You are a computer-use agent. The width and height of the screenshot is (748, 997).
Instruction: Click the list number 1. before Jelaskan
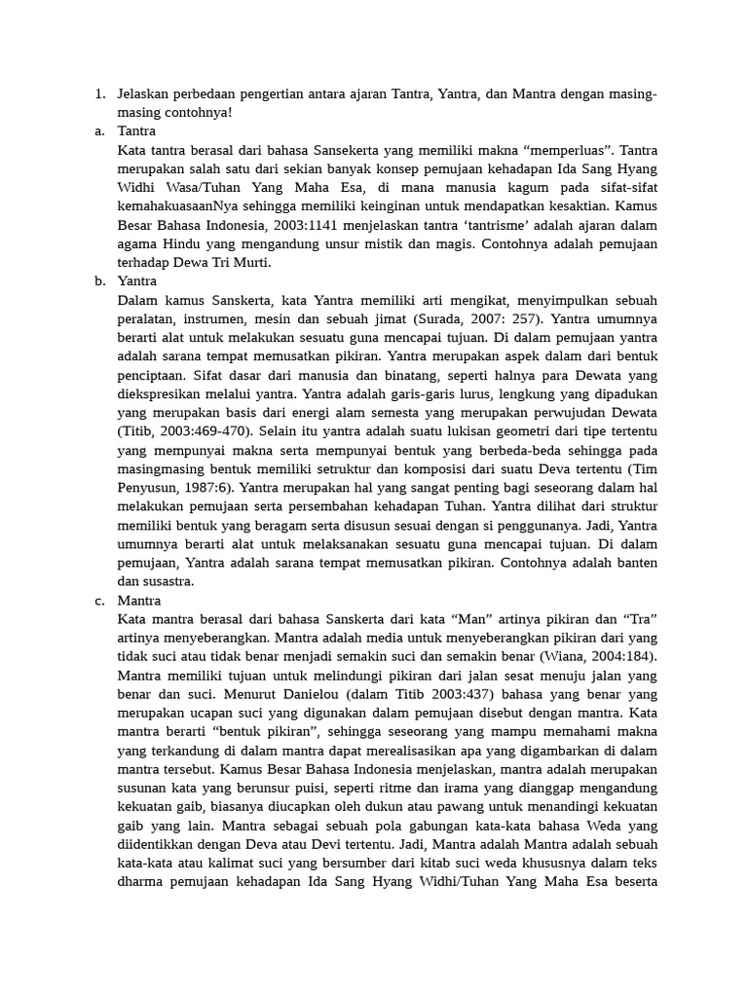(99, 94)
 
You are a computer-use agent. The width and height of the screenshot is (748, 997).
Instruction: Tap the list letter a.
(99, 130)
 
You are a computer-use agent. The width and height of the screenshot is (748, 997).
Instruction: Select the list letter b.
(99, 281)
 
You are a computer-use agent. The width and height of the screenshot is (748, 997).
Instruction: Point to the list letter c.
(99, 601)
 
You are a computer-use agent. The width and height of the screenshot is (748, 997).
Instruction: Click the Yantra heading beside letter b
(137, 281)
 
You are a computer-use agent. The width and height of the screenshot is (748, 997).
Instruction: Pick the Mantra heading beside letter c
(139, 601)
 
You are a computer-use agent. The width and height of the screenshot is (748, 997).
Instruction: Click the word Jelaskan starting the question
(144, 94)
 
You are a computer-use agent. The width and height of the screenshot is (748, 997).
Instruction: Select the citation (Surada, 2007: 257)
(464, 318)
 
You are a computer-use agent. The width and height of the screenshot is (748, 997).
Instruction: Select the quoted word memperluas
(568, 150)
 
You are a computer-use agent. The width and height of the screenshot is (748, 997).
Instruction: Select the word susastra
(161, 581)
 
